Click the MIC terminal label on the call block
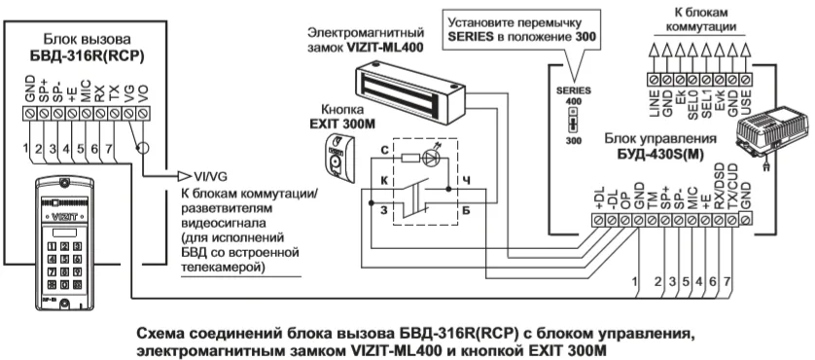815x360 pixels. [x=87, y=91]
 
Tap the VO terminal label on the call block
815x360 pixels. [x=144, y=93]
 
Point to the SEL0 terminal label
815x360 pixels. [x=692, y=103]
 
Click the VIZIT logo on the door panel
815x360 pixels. [x=64, y=215]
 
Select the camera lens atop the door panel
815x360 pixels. [x=64, y=183]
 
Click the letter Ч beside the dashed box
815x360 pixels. [x=466, y=181]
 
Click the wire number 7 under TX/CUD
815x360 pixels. [x=727, y=281]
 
